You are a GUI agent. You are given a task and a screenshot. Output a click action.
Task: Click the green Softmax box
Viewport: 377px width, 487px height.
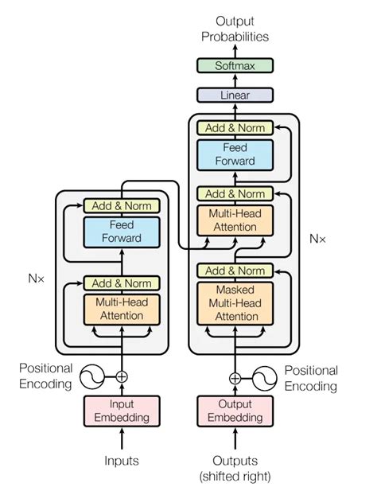[235, 67]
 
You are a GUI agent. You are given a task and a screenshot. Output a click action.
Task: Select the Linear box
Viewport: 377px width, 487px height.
[235, 95]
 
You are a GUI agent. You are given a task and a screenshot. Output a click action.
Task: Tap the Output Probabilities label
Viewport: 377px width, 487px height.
[235, 29]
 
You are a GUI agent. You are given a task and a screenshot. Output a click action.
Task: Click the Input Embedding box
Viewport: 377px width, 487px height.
[122, 411]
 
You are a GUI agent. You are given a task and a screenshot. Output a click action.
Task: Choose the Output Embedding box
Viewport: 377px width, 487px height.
[235, 411]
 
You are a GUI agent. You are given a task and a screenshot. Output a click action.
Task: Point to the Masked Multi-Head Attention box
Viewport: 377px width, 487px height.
[235, 303]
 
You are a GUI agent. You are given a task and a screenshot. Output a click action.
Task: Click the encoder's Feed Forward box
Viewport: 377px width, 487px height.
[122, 232]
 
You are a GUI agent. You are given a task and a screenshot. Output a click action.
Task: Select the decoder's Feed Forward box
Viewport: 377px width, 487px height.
[235, 154]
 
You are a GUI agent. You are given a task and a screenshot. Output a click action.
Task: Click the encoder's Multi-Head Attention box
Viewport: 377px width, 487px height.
[122, 310]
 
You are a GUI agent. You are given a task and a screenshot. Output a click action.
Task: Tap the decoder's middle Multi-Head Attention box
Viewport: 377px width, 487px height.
[235, 221]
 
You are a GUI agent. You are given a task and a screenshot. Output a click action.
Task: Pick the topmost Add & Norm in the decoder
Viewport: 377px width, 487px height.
[235, 128]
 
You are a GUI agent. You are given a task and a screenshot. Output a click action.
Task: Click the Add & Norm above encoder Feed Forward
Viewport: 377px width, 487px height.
[122, 206]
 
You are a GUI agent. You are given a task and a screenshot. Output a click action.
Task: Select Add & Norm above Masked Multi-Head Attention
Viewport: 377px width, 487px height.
[235, 271]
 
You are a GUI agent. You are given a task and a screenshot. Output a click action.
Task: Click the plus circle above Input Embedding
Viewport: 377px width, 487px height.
[122, 376]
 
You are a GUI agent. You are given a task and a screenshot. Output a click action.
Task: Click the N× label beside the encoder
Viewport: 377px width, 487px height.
[37, 279]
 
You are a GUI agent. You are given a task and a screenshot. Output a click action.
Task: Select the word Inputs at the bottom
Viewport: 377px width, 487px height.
[122, 461]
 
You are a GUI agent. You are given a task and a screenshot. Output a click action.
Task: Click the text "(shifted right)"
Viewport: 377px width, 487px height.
[235, 475]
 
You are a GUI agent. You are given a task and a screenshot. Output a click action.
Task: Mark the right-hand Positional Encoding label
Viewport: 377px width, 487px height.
[311, 378]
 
